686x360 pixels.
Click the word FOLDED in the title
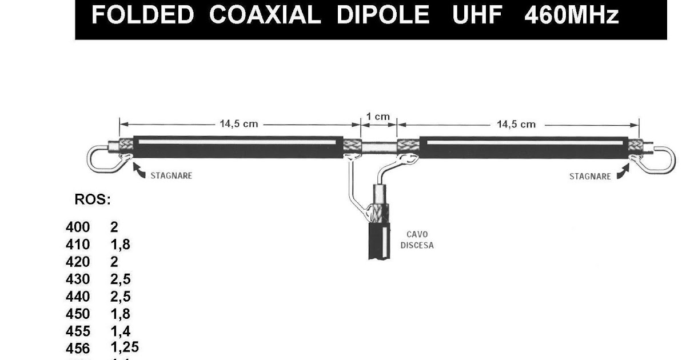142,15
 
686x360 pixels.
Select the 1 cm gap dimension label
377,117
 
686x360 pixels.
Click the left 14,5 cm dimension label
238,124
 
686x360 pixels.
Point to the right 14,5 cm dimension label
516,124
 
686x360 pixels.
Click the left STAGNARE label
171,176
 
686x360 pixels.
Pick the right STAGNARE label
590,177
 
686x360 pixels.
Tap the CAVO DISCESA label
417,239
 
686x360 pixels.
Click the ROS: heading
92,200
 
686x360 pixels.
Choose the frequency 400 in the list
78,227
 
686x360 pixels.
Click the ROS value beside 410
120,245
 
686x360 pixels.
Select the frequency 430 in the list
78,279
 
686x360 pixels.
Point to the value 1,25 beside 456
124,347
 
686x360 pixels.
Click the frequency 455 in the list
78,331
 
